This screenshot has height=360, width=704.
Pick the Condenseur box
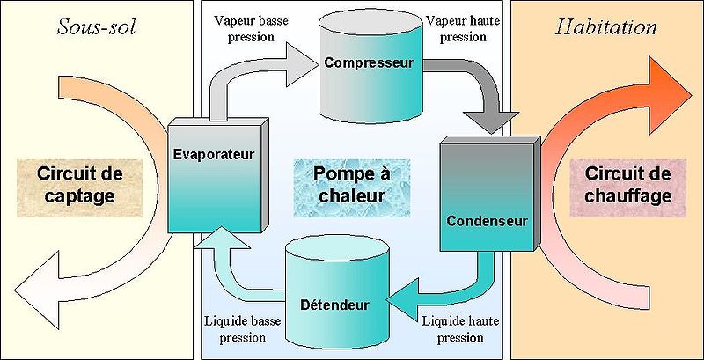pyautogui.click(x=487, y=194)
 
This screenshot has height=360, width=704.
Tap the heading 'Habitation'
pyautogui.click(x=606, y=26)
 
